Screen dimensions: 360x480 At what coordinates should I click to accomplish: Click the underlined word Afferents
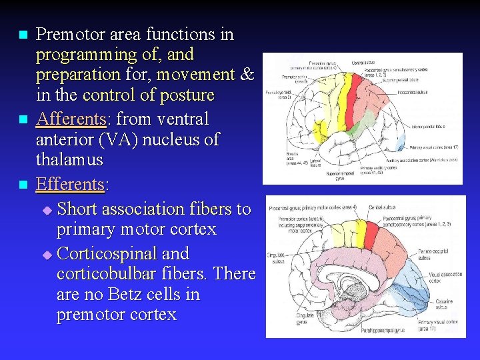[69, 119]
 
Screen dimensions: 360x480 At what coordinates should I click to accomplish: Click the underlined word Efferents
[69, 183]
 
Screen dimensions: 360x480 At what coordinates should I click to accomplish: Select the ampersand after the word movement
[246, 74]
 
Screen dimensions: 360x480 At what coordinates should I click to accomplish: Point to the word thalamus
[69, 160]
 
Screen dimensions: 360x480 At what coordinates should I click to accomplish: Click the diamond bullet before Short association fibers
[46, 211]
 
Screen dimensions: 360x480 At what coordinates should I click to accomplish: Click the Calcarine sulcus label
[444, 304]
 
